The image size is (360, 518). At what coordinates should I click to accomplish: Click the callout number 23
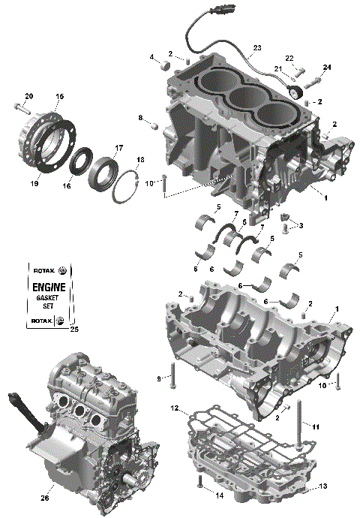click(257, 48)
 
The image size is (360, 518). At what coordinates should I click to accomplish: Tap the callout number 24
click(326, 68)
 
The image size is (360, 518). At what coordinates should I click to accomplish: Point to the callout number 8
click(139, 118)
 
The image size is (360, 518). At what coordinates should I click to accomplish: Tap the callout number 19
click(34, 182)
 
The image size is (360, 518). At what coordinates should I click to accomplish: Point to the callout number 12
click(174, 409)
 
